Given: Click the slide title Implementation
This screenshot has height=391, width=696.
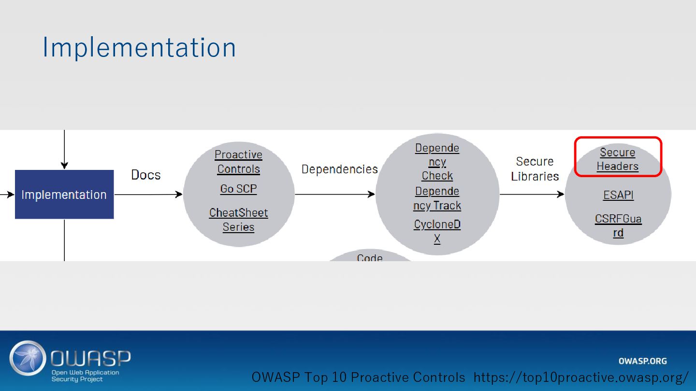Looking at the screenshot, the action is click(139, 48).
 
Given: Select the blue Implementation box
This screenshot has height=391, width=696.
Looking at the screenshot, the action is click(64, 195).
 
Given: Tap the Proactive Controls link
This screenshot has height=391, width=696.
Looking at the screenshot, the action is click(238, 162).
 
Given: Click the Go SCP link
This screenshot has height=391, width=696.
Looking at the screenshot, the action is click(238, 189).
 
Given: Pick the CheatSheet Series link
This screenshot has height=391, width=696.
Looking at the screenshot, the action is click(238, 220).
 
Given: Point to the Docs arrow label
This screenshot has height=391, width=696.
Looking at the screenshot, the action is click(146, 175).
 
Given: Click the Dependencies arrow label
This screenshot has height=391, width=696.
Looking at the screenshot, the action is click(339, 169).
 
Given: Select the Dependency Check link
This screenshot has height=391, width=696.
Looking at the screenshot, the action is click(437, 162).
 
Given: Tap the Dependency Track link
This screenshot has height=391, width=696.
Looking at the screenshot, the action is click(437, 198).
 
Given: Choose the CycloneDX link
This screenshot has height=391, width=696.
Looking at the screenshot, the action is click(437, 231).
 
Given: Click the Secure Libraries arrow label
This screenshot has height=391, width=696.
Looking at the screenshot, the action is click(535, 168).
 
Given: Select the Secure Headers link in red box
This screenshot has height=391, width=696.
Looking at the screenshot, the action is click(617, 159).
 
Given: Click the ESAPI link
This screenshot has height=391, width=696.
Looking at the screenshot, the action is click(618, 195).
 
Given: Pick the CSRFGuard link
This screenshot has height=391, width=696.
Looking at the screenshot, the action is click(618, 225).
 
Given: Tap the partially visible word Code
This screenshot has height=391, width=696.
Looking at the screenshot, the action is click(370, 258).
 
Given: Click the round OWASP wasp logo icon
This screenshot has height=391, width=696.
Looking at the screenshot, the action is click(28, 358).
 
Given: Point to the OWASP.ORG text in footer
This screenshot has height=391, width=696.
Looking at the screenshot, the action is click(642, 361).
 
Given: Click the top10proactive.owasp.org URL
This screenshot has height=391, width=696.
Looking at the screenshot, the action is click(580, 377).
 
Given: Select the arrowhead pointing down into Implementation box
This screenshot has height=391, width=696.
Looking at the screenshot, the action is click(64, 165).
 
